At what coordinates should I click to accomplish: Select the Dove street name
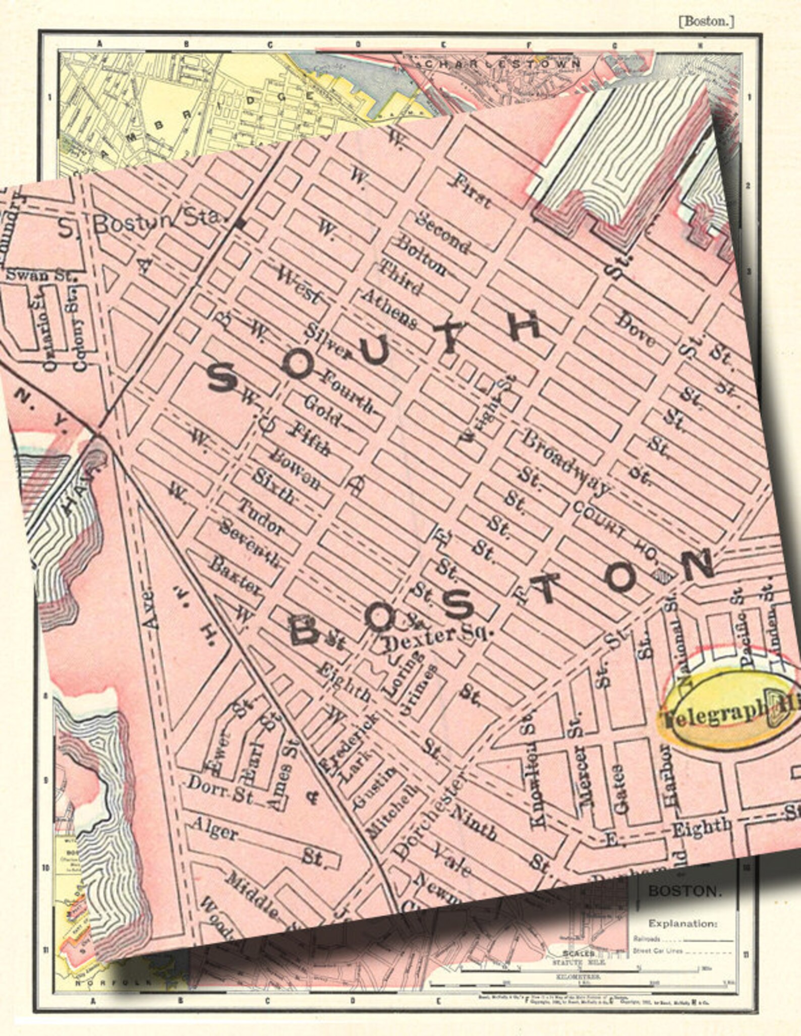(637, 330)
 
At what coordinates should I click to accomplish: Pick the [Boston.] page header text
(706, 22)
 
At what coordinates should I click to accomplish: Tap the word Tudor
(261, 517)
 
